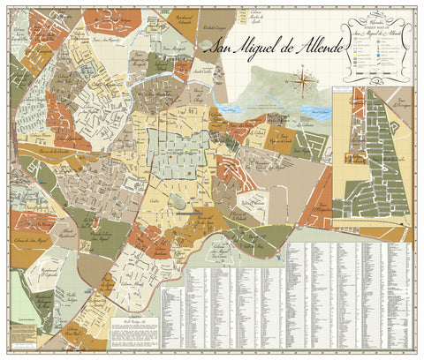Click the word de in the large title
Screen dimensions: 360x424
pos(272,48)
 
